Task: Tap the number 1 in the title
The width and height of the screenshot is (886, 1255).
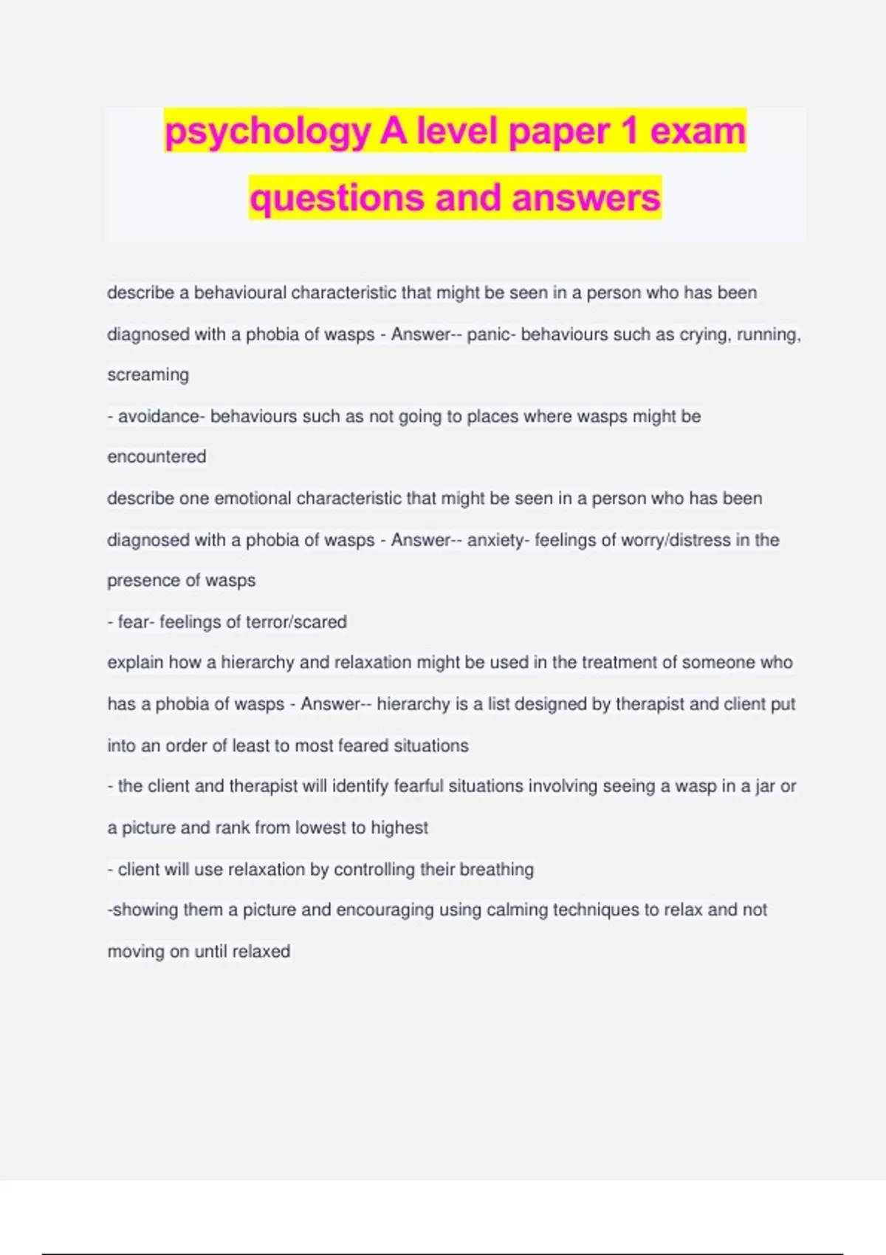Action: click(x=629, y=131)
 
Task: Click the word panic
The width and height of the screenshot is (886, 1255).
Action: click(x=488, y=334)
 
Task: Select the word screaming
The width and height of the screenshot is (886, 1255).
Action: click(x=148, y=375)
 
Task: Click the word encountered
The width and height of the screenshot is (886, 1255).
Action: click(x=157, y=457)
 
